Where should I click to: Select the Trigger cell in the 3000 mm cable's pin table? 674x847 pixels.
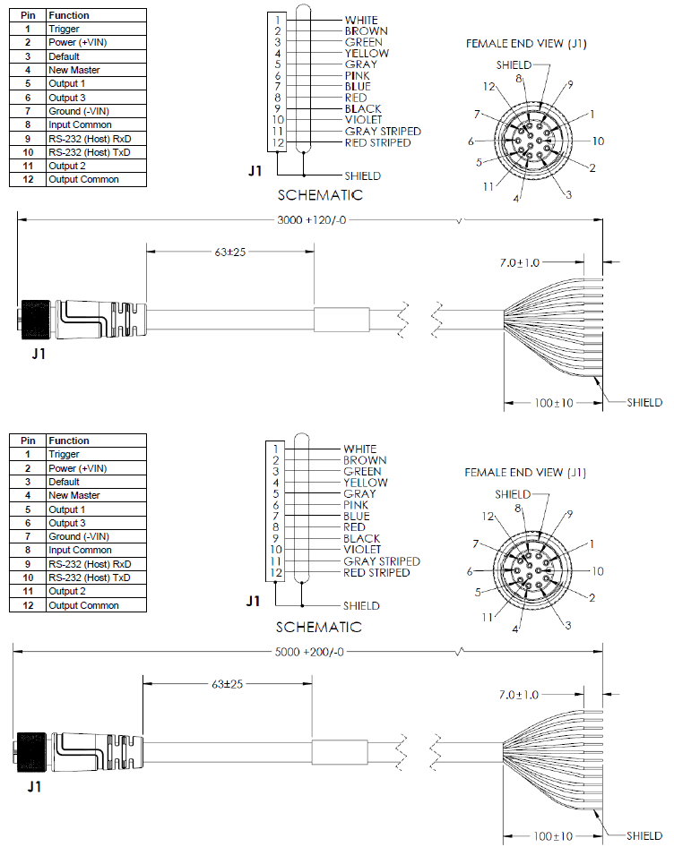click(x=65, y=30)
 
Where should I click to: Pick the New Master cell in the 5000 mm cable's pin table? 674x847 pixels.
click(x=74, y=495)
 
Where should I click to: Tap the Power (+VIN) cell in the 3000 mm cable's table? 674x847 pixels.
click(x=78, y=42)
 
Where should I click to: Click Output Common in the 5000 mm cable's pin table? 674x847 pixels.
click(x=84, y=605)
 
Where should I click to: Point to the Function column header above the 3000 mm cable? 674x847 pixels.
click(x=69, y=15)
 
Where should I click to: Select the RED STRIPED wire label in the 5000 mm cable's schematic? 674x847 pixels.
click(x=376, y=572)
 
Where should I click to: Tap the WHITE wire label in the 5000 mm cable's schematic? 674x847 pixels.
click(x=360, y=449)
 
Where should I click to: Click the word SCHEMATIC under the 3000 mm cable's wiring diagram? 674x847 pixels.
click(x=320, y=195)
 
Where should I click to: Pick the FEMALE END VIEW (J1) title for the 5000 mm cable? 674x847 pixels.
click(x=525, y=473)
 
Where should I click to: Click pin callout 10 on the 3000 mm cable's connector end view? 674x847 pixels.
click(x=598, y=141)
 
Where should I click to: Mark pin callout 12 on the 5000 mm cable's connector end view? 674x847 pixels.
click(x=488, y=517)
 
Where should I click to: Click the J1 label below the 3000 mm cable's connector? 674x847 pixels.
click(x=39, y=353)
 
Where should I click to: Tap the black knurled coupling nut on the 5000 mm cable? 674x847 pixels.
click(x=33, y=748)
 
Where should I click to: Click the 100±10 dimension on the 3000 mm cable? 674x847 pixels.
click(x=554, y=403)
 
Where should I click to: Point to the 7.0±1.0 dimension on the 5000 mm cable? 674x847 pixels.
click(x=520, y=695)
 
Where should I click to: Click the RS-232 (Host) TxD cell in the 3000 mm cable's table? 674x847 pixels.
click(x=90, y=152)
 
